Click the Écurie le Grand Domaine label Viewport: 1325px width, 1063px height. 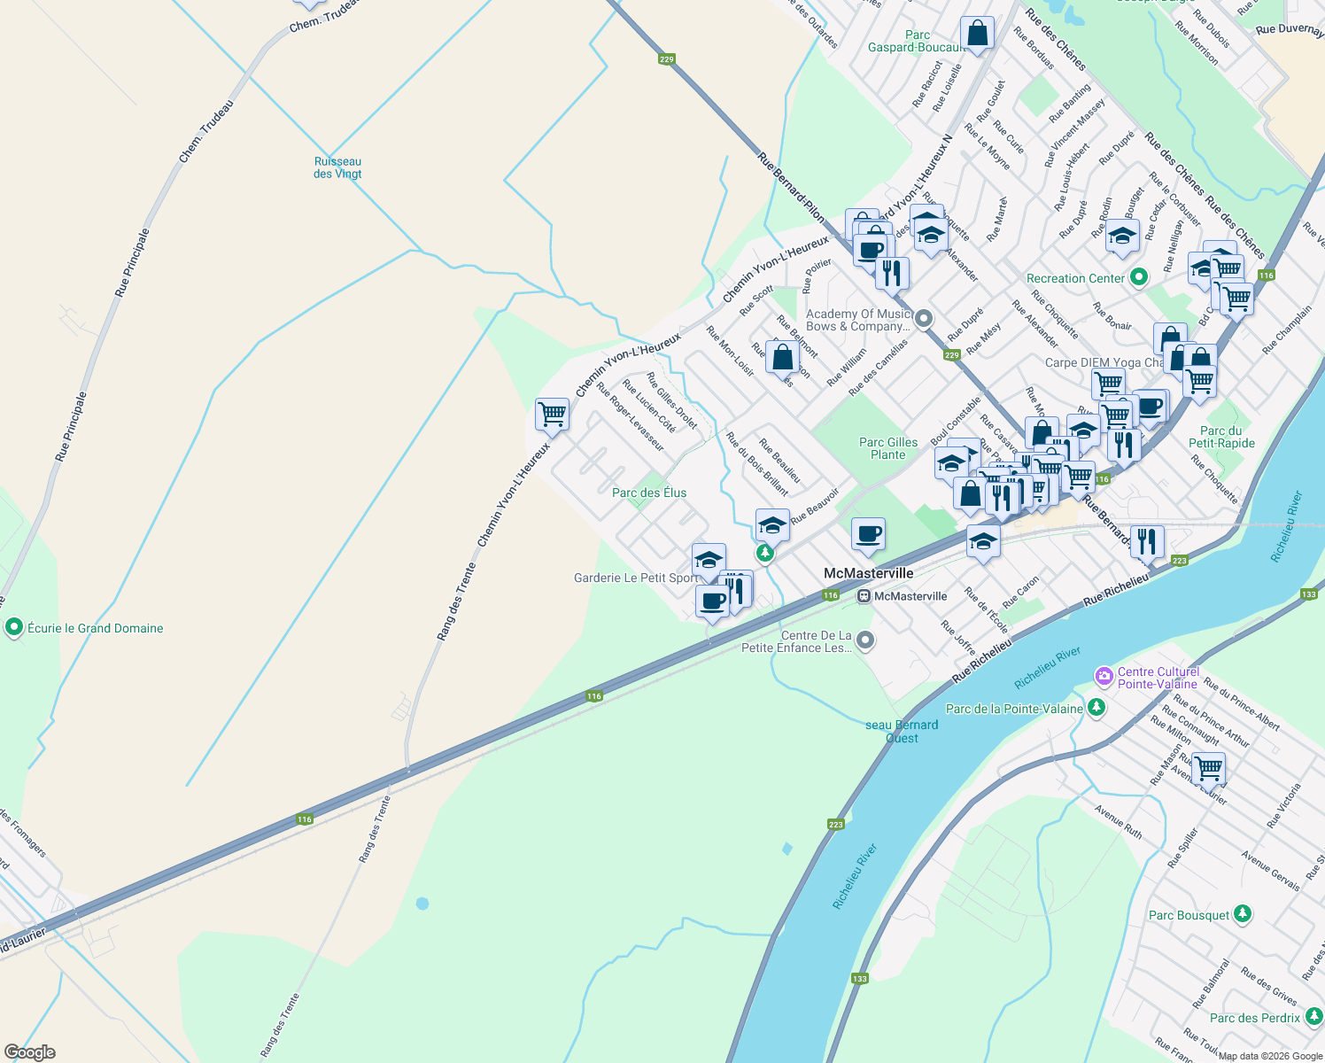(x=95, y=628)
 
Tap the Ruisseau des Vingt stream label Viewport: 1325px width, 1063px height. (x=337, y=167)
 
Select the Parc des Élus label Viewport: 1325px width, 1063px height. (x=649, y=493)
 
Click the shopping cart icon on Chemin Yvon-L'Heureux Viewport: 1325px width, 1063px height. (x=552, y=414)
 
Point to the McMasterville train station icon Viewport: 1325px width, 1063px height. (x=864, y=596)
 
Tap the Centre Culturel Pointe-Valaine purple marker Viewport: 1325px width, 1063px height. (x=1104, y=677)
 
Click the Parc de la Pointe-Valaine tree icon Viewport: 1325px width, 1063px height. (x=1096, y=707)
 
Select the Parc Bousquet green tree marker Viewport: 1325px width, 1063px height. (x=1243, y=913)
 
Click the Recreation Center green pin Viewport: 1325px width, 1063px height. (x=1139, y=277)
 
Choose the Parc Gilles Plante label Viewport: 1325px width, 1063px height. (x=888, y=448)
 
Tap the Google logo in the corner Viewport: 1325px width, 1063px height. (x=29, y=1052)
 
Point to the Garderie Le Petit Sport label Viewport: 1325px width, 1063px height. (x=636, y=578)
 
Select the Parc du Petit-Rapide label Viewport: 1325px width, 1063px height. (x=1221, y=437)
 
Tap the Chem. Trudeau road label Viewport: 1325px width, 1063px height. (x=205, y=131)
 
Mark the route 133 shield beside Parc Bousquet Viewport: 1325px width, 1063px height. (x=859, y=978)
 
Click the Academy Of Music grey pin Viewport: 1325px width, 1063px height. (x=924, y=318)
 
